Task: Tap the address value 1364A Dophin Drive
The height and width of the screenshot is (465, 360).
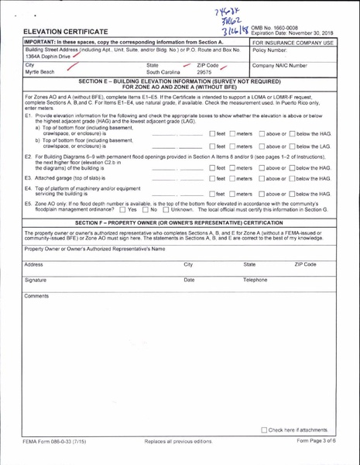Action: coord(48,56)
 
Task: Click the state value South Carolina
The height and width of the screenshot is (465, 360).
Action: coord(165,72)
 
